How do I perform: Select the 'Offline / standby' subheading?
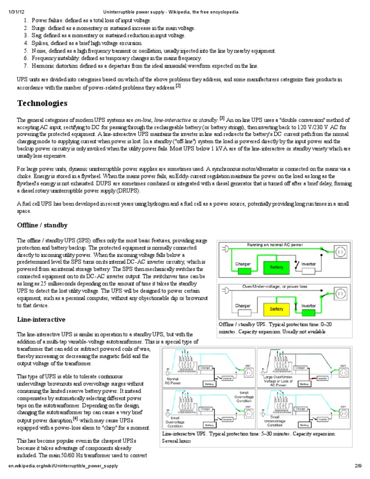point(42,226)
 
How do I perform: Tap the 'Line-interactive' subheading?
point(41,320)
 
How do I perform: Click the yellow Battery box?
point(277,308)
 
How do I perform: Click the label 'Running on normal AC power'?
point(275,245)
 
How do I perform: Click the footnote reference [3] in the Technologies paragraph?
point(222,118)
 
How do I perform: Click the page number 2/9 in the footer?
point(357,467)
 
